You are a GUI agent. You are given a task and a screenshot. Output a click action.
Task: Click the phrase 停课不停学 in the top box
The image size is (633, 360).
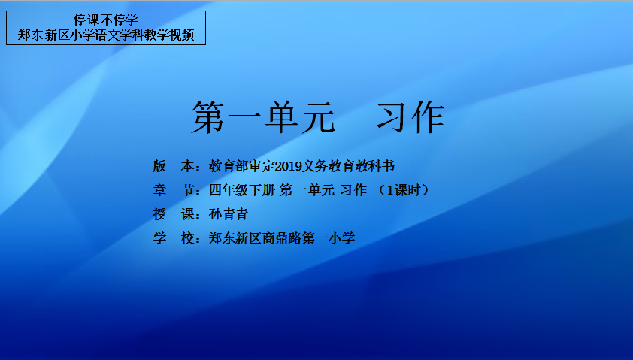point(106,20)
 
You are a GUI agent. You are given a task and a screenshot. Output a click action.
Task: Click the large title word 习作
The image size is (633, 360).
point(410,117)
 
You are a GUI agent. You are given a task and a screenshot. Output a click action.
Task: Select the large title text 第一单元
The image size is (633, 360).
point(263,117)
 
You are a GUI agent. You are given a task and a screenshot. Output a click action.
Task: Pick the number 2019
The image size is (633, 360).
point(289,166)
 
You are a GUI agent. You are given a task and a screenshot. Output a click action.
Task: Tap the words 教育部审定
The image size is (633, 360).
point(242,166)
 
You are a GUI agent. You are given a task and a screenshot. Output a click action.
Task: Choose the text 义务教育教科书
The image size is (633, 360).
point(349,166)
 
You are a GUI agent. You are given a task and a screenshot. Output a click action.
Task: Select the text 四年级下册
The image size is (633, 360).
point(242,189)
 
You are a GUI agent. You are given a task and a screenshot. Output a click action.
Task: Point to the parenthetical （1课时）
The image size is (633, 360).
point(404,189)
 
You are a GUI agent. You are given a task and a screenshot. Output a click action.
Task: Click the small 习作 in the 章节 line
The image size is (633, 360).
point(353,189)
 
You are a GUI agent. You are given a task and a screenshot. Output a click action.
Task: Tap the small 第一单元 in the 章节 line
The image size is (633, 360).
point(307,189)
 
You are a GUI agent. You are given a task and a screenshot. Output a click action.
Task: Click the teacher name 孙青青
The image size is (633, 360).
point(229,214)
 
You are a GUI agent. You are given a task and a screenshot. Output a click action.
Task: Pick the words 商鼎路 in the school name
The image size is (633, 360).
point(282,238)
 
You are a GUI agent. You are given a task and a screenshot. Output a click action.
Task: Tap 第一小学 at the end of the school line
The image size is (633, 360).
point(329,238)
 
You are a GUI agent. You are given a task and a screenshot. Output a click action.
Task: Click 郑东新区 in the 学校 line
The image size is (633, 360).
point(235,238)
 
